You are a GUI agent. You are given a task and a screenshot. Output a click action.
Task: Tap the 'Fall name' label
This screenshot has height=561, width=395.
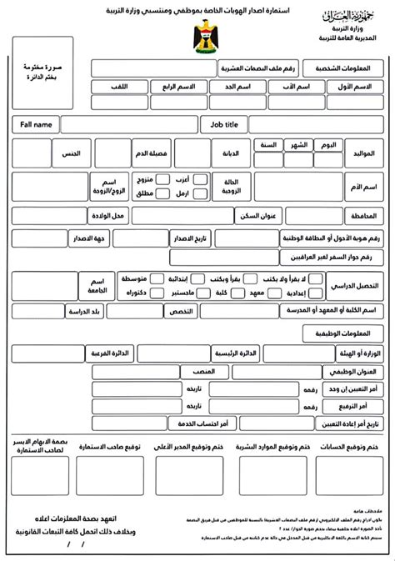[x=33, y=124]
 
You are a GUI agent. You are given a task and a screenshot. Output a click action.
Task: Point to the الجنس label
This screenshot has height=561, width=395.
[x=70, y=154]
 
